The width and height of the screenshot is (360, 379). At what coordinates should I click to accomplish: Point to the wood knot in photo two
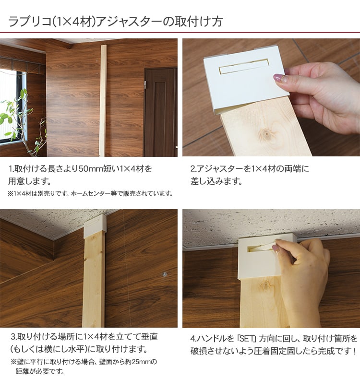pos(266,133)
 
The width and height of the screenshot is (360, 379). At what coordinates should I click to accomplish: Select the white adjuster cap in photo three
pos(95,223)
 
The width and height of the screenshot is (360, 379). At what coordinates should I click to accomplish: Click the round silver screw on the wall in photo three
pos(165,274)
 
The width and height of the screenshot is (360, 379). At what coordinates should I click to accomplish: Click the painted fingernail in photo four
pos(276,248)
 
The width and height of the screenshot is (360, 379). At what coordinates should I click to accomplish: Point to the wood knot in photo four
pos(266,285)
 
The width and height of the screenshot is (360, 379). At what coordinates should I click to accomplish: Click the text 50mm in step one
pos(91,169)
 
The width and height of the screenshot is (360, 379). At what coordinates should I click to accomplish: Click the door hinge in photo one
pos(145,84)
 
